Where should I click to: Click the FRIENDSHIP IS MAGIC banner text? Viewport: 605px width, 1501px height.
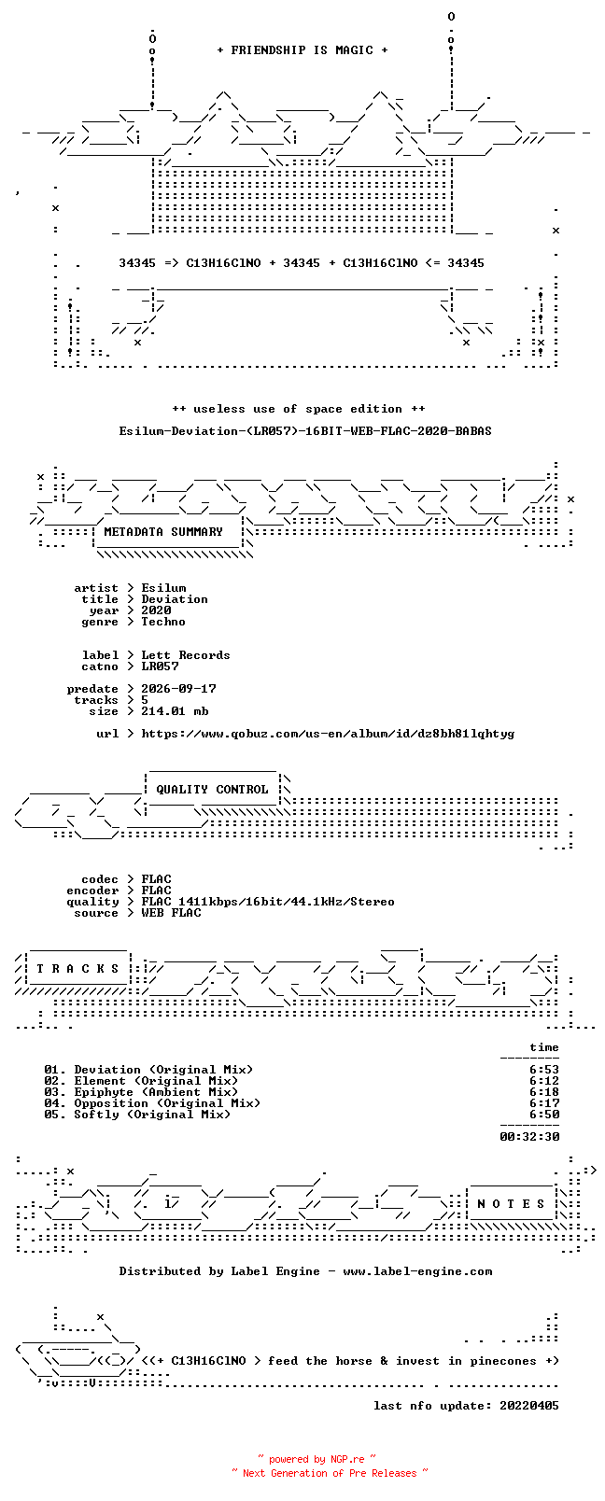click(302, 50)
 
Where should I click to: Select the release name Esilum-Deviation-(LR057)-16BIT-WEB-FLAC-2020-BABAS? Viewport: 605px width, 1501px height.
click(305, 431)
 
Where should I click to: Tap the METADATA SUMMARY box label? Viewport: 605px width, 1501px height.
click(163, 532)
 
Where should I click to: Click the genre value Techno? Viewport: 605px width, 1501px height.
click(163, 622)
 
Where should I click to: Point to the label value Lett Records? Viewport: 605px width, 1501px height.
click(186, 655)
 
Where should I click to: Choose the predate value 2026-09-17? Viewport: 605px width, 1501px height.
click(179, 689)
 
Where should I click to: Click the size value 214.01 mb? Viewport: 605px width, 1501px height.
click(175, 711)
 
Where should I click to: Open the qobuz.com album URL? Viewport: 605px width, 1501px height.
click(328, 734)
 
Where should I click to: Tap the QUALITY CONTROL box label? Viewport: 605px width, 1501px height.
click(212, 790)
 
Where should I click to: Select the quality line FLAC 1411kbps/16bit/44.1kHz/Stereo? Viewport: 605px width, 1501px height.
click(268, 902)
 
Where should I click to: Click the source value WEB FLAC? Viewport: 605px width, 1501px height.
click(171, 913)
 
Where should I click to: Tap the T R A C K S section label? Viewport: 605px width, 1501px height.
click(77, 969)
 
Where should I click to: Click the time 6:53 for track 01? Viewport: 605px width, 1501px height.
click(544, 1070)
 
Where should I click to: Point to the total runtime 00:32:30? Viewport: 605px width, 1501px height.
click(529, 1137)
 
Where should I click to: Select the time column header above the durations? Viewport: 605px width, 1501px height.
click(544, 1047)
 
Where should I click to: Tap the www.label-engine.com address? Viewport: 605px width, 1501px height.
click(417, 1271)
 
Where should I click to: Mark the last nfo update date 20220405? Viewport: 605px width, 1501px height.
click(529, 1406)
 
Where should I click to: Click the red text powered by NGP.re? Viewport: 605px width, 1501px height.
click(317, 1459)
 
